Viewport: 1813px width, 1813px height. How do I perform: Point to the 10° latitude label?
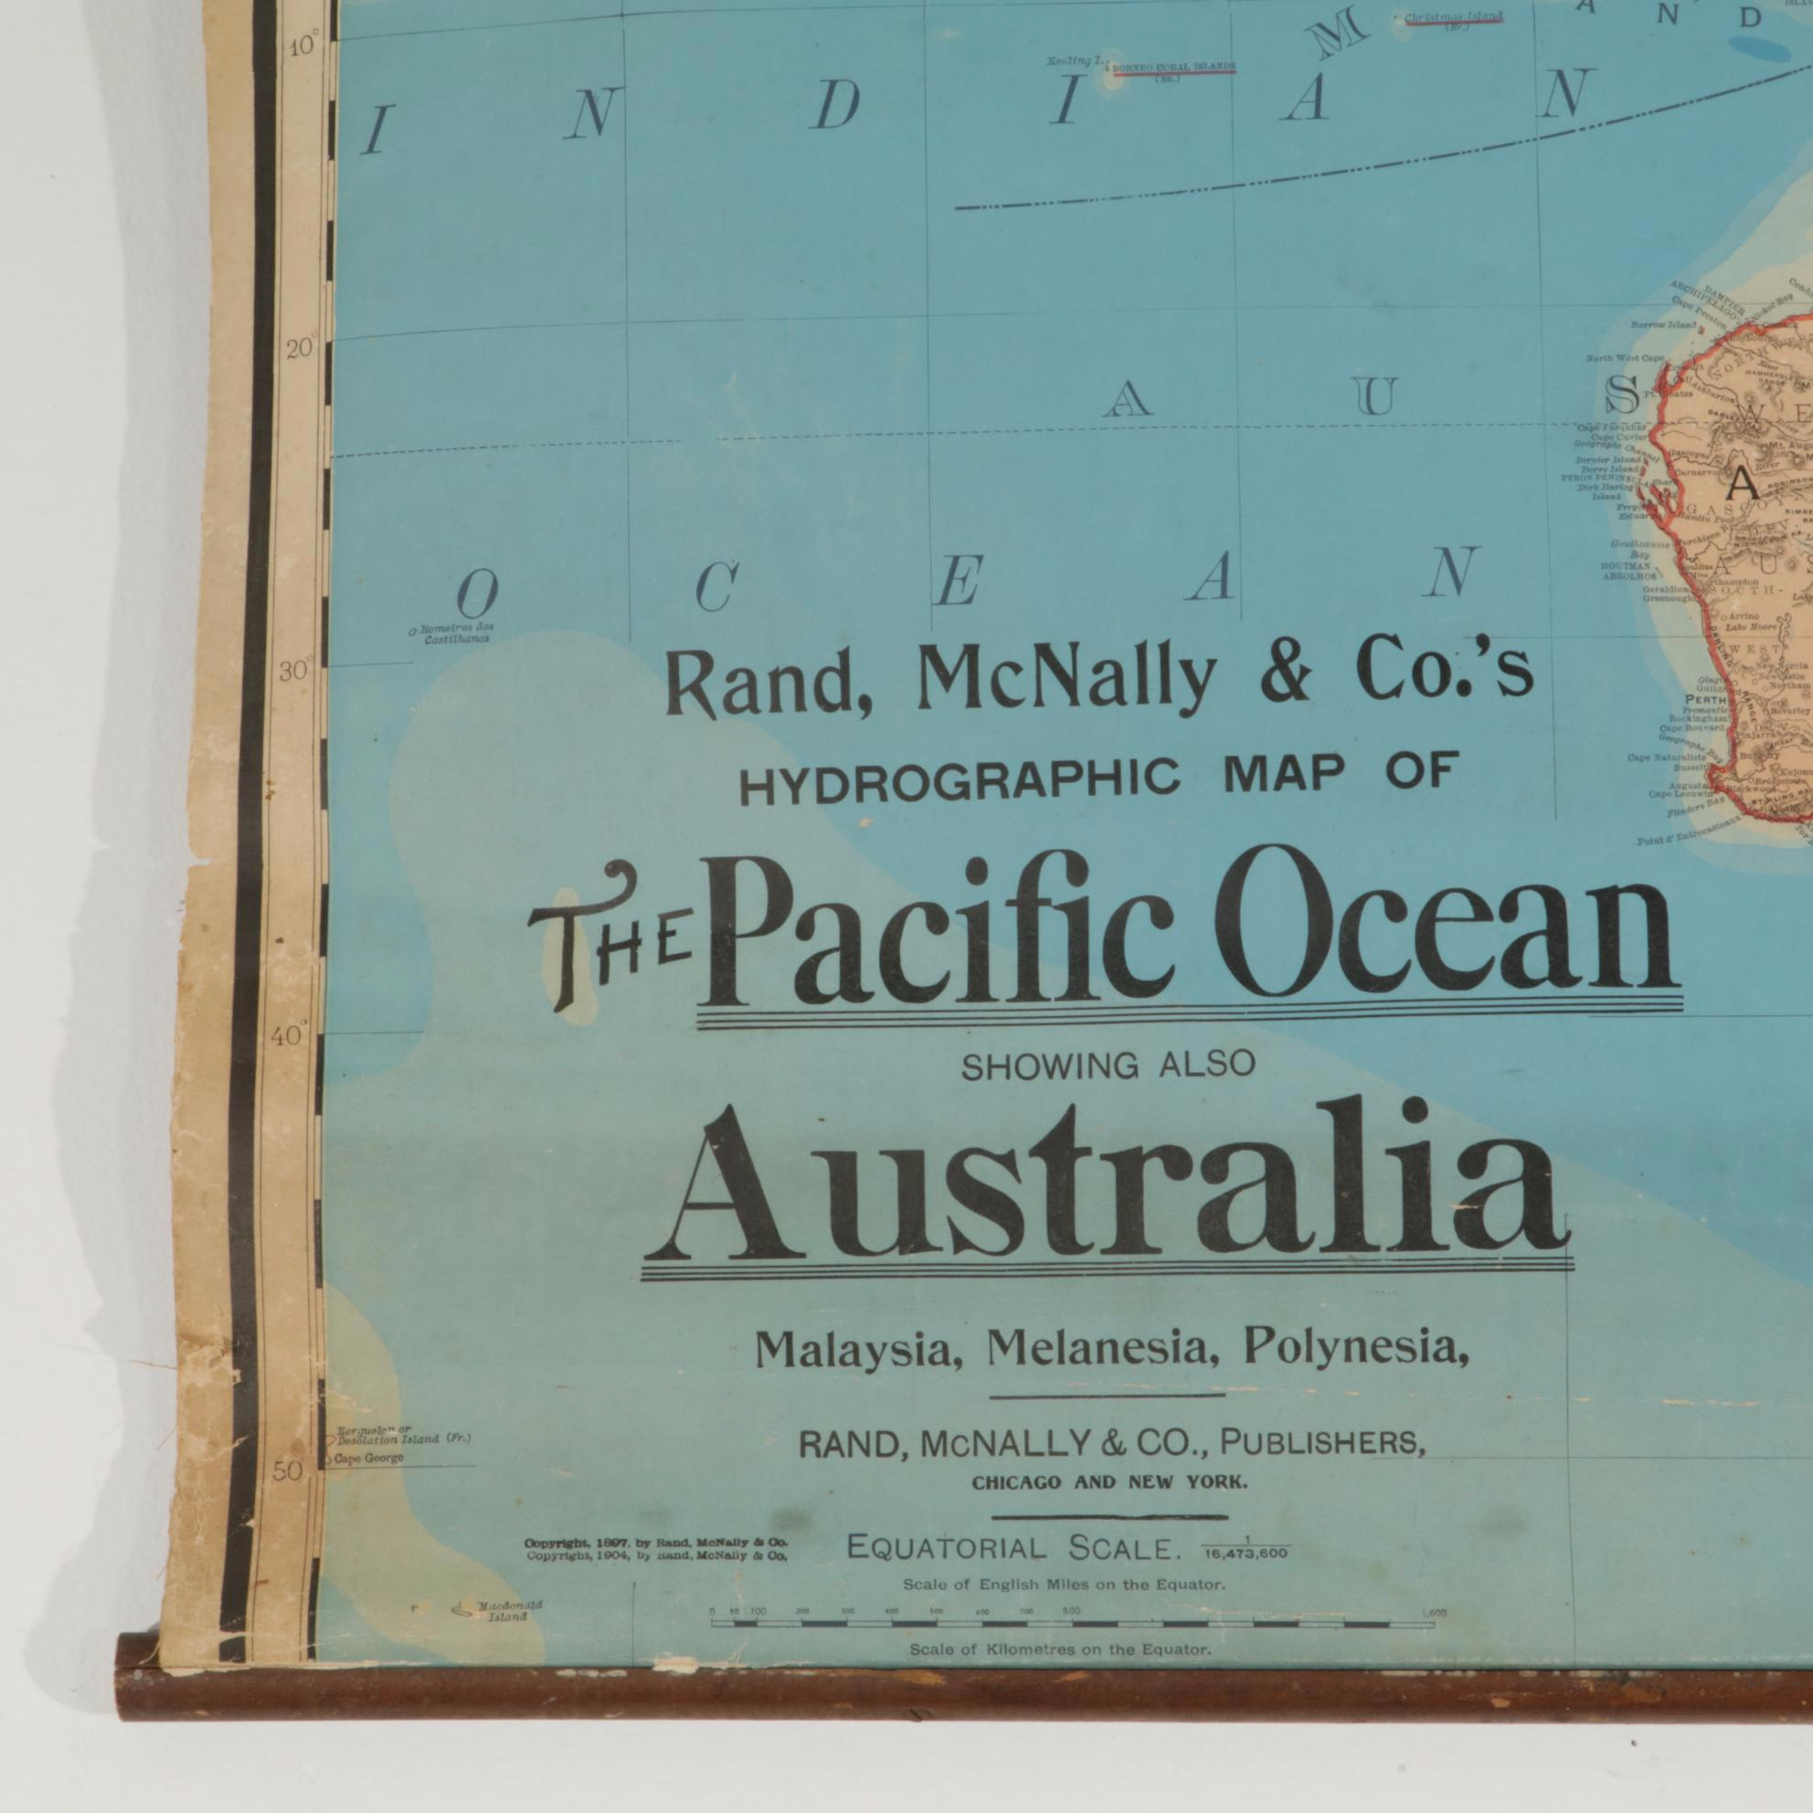(303, 46)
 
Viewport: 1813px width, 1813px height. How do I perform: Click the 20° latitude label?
(301, 349)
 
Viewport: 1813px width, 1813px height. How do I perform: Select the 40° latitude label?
(288, 1037)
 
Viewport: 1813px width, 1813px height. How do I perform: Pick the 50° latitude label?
(288, 1470)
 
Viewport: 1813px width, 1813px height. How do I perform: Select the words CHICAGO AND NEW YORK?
(1109, 1484)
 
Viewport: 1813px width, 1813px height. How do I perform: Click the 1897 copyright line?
(655, 1542)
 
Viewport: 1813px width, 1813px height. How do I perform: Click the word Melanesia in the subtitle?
(1107, 1349)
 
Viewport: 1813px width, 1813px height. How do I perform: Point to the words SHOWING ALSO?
(1108, 1066)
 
